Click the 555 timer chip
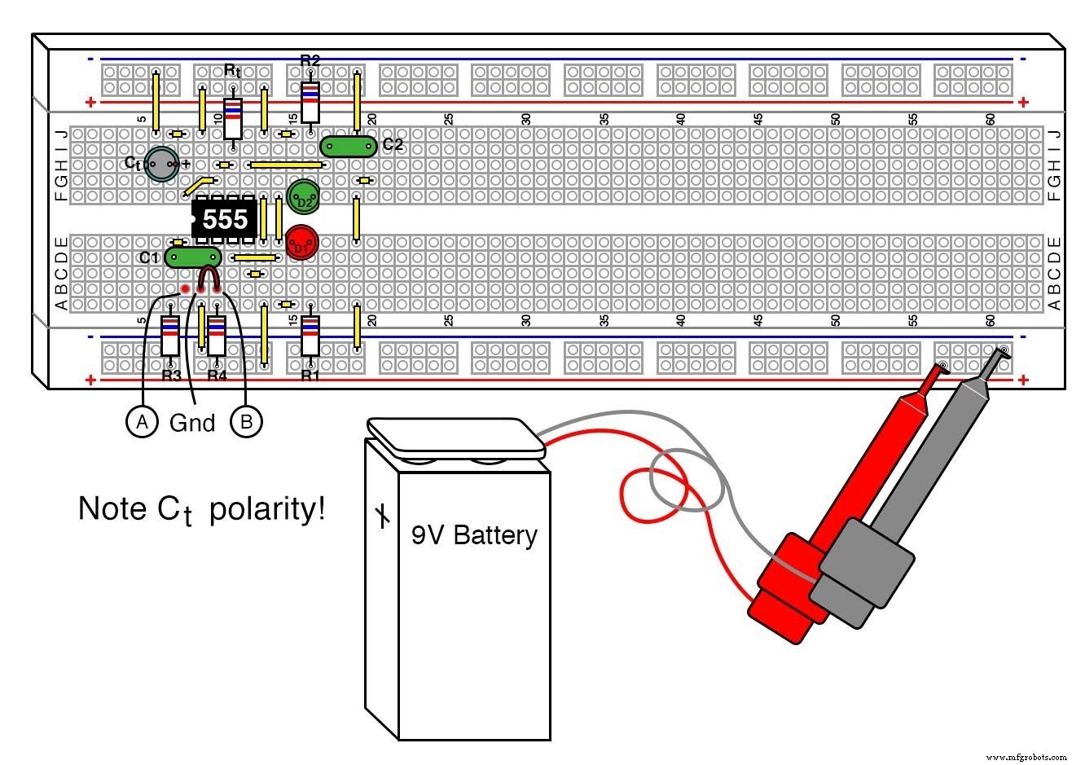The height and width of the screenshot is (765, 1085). (225, 220)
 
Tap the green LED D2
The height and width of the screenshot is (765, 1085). (303, 196)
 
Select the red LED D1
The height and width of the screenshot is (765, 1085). (301, 243)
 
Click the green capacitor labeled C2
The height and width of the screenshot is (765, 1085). (348, 146)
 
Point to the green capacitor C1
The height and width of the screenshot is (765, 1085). (192, 257)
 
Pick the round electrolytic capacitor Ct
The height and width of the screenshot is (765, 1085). (161, 165)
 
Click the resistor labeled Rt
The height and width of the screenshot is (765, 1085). (233, 117)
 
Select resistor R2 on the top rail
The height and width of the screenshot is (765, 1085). (310, 101)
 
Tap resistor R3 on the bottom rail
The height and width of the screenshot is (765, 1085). (169, 336)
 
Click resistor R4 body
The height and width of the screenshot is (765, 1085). (216, 336)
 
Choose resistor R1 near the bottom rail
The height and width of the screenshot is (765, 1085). (310, 336)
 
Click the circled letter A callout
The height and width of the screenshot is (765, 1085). (143, 421)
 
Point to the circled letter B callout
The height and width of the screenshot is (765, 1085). (246, 421)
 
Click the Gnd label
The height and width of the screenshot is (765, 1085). (192, 423)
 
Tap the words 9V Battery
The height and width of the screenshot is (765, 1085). (474, 535)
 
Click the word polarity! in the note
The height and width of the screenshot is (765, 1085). (267, 509)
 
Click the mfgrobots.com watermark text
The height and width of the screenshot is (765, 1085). (1030, 757)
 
